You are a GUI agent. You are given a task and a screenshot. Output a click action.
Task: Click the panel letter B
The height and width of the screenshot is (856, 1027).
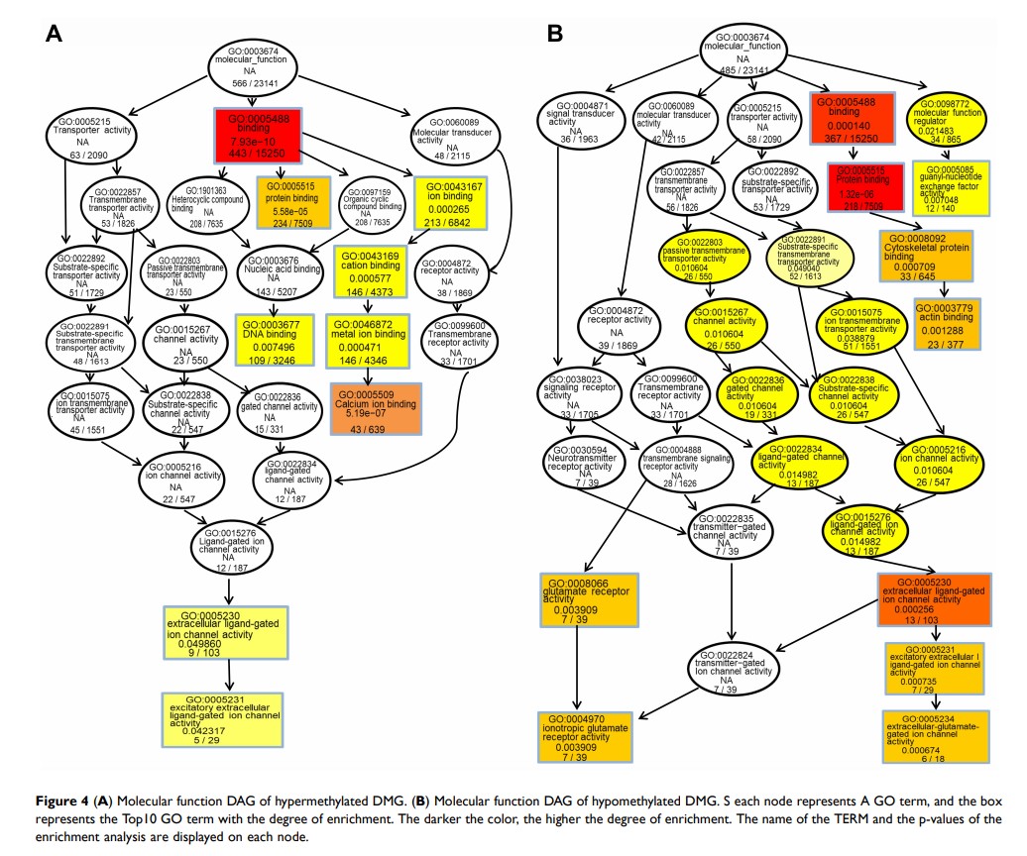[x=555, y=34]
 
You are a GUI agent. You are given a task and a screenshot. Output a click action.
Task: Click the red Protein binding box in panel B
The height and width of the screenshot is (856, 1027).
[x=865, y=189]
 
